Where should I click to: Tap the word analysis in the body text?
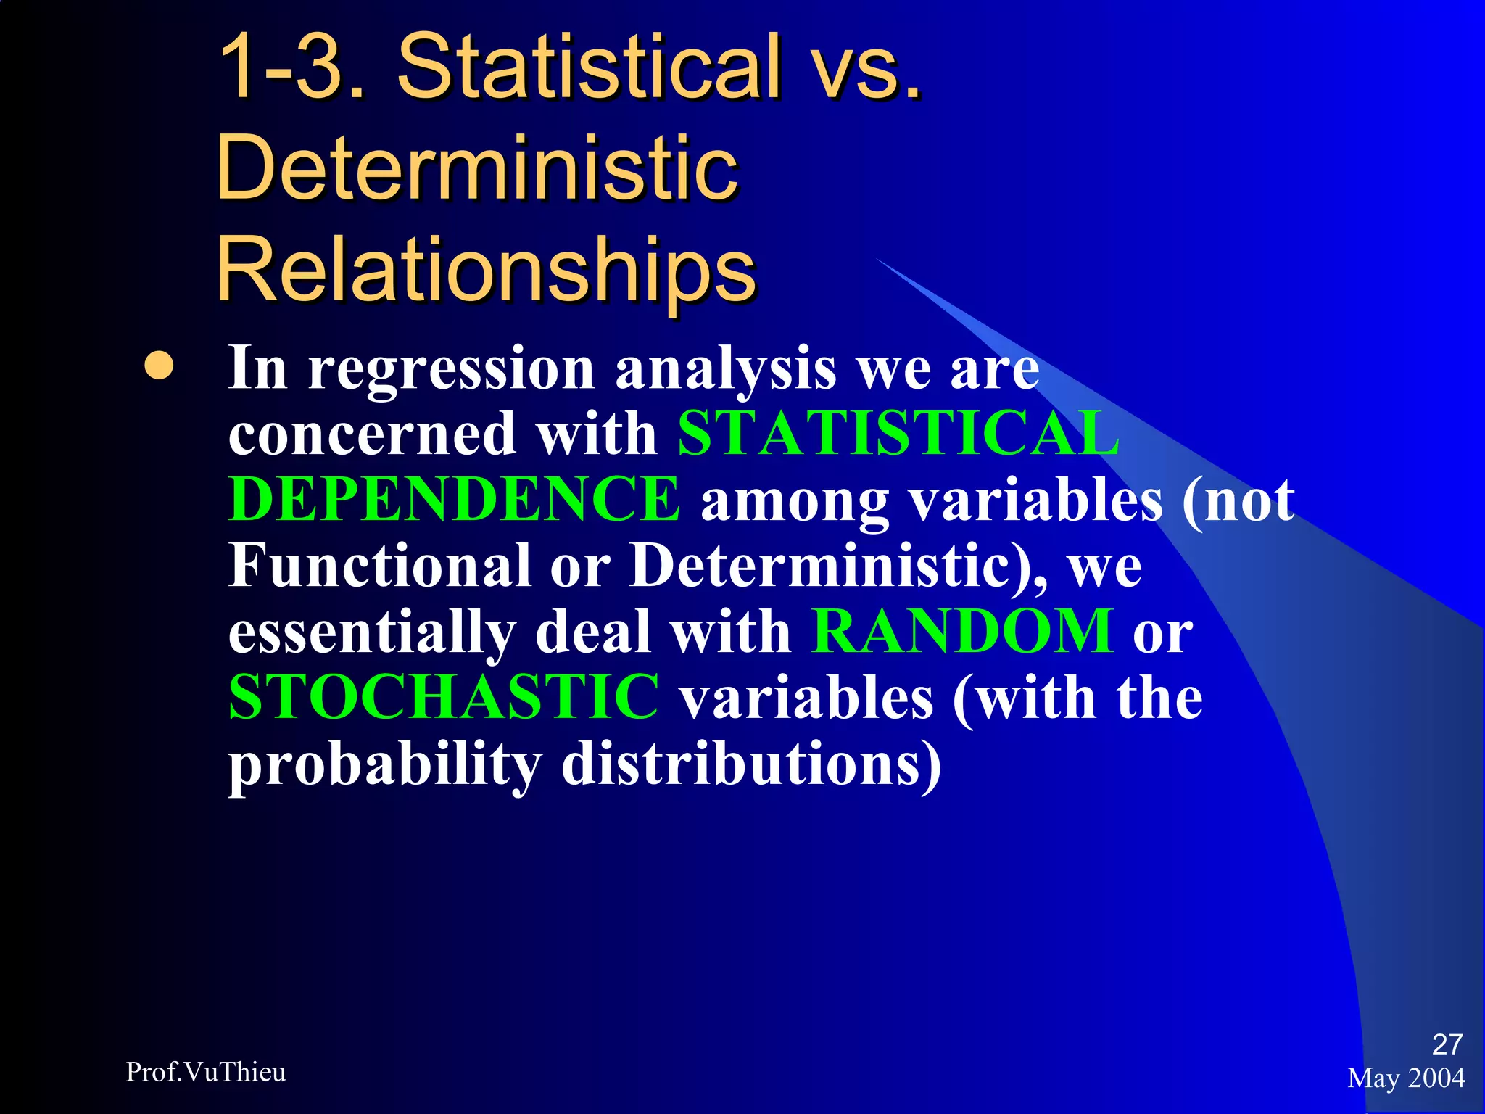click(x=726, y=368)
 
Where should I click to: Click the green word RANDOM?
click(x=962, y=630)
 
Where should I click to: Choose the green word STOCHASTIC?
click(x=444, y=696)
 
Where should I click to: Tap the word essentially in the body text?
click(x=372, y=630)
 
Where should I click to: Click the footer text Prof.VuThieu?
click(x=206, y=1072)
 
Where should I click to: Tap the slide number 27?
click(x=1447, y=1044)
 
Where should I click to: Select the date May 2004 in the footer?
click(x=1406, y=1078)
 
